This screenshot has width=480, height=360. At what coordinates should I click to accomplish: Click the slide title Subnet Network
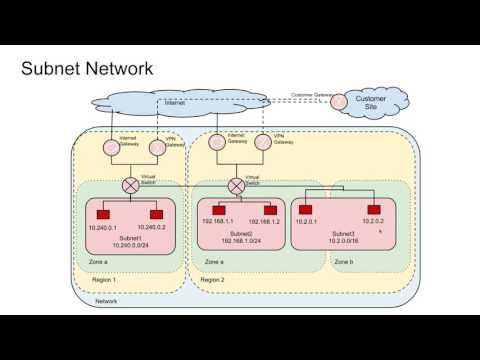click(x=87, y=69)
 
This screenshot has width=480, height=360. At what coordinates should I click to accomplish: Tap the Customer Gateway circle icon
click(x=340, y=101)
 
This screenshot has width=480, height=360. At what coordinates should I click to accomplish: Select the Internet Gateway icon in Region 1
click(x=112, y=148)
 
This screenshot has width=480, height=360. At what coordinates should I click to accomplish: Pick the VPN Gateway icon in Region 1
click(x=157, y=148)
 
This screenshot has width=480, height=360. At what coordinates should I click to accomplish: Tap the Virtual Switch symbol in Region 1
click(x=130, y=186)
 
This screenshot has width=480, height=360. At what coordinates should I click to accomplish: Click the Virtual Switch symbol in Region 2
click(x=237, y=186)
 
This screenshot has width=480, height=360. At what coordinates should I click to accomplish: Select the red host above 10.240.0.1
click(x=103, y=214)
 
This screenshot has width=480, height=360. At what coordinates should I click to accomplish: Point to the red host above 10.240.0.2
click(x=156, y=214)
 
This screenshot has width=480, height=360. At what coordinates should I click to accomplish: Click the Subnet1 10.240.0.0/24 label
click(x=129, y=241)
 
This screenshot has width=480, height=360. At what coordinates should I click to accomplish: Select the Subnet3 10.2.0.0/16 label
click(x=338, y=241)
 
